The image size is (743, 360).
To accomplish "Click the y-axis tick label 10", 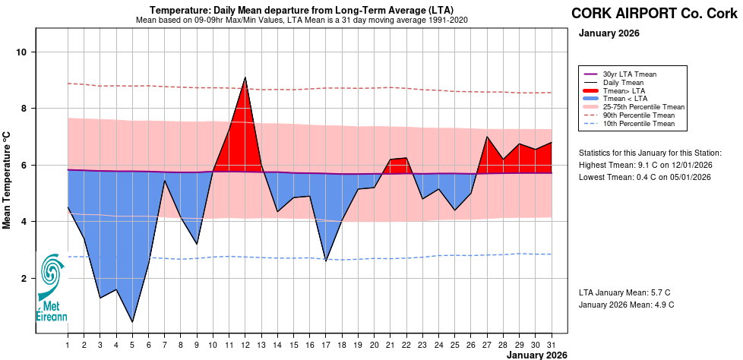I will click(22, 52).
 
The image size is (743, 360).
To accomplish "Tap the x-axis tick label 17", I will click(326, 346).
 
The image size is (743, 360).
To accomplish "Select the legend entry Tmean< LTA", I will click(624, 98).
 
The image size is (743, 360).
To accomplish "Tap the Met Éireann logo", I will click(52, 289).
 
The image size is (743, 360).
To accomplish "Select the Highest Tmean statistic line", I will click(644, 165).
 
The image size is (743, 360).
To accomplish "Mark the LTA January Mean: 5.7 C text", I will click(624, 292).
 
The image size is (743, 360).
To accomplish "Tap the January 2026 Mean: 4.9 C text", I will click(626, 305).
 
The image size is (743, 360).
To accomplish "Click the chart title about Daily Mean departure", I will click(302, 9).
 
